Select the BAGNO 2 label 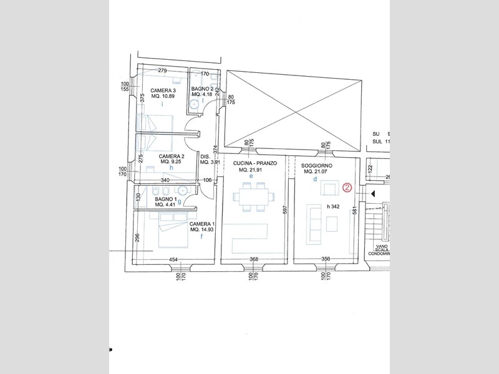(203, 89)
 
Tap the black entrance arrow (372, 194)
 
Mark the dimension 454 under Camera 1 (173, 260)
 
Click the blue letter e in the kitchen (251, 177)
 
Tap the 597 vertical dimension (284, 210)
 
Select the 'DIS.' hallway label (205, 156)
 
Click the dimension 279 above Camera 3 (162, 70)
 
